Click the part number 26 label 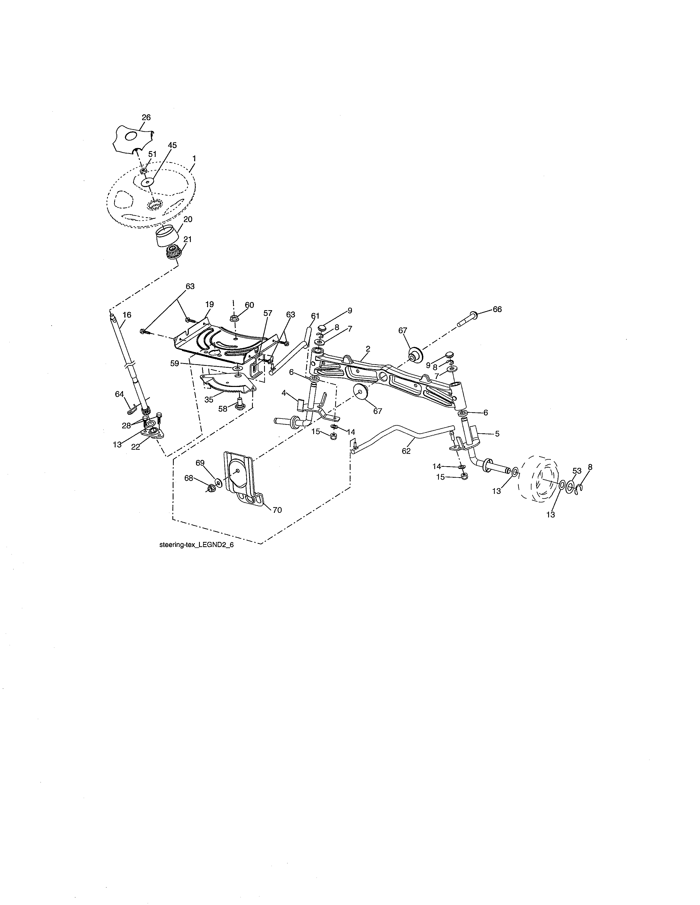click(x=146, y=117)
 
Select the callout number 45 click(x=172, y=145)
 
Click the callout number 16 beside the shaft click(x=127, y=315)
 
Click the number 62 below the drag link click(x=406, y=451)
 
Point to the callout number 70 click(x=277, y=510)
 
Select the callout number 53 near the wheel click(x=577, y=471)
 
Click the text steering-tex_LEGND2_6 click(x=197, y=545)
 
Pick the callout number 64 click(x=119, y=394)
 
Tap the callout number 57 click(x=268, y=313)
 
